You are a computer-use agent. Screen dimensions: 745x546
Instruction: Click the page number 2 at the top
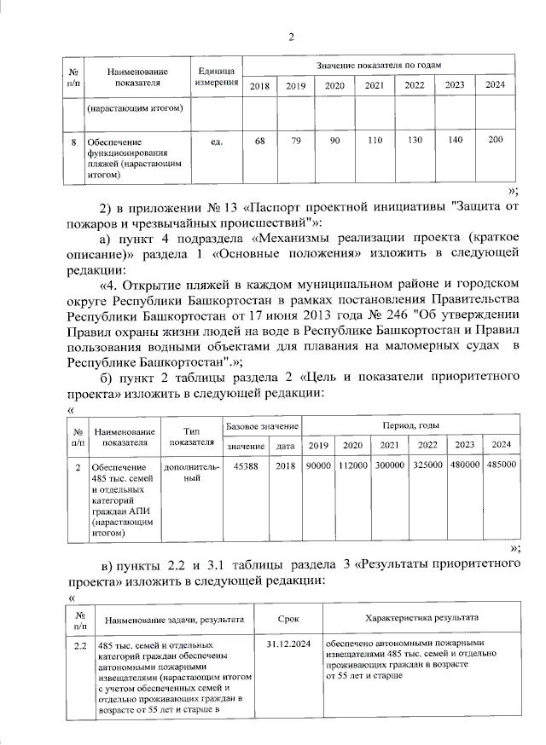291,36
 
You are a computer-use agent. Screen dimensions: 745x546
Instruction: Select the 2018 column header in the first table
260,85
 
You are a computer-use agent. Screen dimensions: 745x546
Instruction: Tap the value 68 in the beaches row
260,140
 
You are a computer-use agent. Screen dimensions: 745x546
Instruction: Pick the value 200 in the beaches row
495,140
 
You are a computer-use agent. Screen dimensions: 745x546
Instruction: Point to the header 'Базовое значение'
260,424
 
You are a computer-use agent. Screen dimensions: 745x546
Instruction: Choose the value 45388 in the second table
246,466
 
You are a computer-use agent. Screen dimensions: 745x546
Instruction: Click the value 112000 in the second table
352,466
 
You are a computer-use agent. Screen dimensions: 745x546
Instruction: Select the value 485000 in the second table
501,466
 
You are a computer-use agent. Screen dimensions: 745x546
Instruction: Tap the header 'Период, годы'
410,424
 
